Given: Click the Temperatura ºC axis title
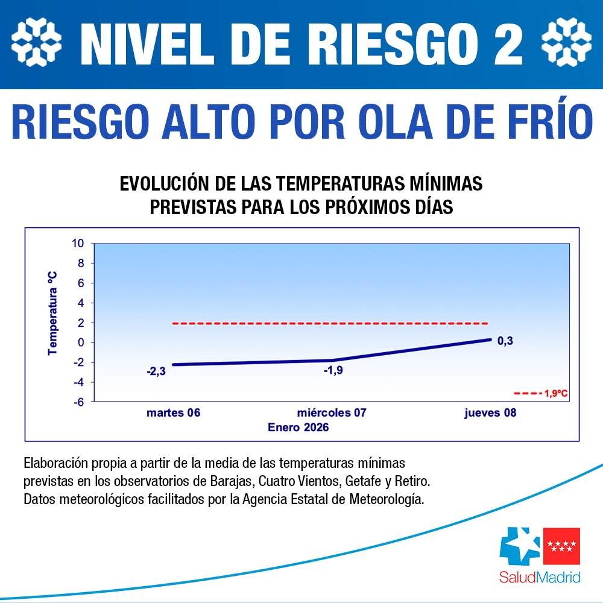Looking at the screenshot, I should tap(52, 312).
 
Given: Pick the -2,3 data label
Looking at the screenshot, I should tap(156, 371).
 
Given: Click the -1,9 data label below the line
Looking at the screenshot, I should tap(333, 370).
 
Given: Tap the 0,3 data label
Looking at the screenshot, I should tap(505, 341).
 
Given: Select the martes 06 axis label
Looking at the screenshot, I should tap(173, 414).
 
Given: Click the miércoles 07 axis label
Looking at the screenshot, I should tap(332, 414).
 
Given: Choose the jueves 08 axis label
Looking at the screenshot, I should tap(490, 414).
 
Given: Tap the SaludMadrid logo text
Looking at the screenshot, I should tap(540, 577).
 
